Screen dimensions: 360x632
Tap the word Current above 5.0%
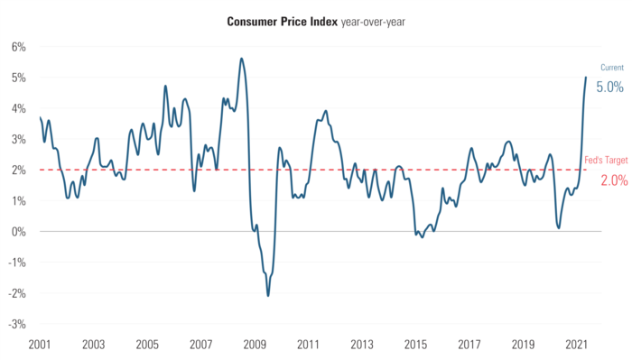611,68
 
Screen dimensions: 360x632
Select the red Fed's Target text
607,160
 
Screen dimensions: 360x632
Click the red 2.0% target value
613,180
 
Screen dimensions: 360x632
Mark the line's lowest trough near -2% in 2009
268,295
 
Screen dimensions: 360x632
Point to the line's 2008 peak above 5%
241,59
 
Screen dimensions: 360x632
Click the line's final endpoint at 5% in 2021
586,78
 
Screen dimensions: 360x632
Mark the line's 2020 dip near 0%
559,227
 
